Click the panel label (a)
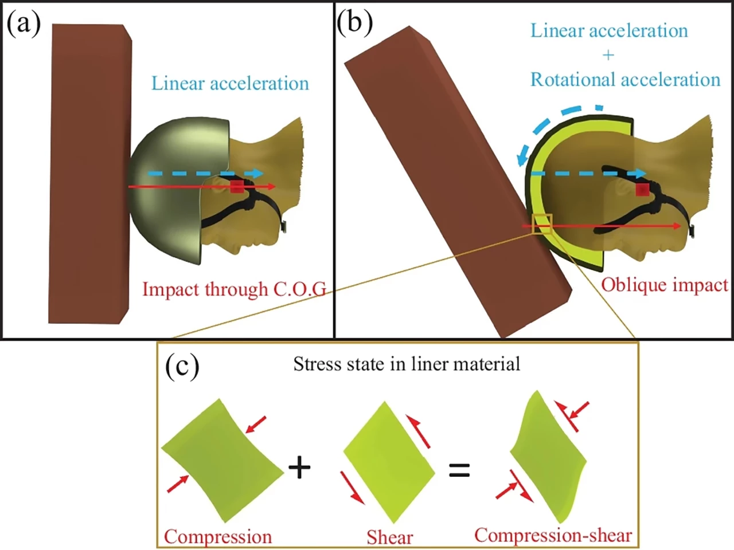(24, 24)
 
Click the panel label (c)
(182, 367)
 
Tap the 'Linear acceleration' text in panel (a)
(230, 84)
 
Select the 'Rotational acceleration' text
(625, 80)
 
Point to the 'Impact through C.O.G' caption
(234, 289)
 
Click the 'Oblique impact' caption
(664, 285)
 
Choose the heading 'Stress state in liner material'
(407, 364)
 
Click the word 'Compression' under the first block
(218, 537)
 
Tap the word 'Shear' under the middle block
(390, 537)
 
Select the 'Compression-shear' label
(553, 535)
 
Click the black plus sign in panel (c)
(299, 467)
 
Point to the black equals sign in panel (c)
(459, 470)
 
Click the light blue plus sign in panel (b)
(608, 55)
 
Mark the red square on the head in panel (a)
(236, 187)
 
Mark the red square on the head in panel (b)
(642, 190)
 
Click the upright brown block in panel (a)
(89, 172)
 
